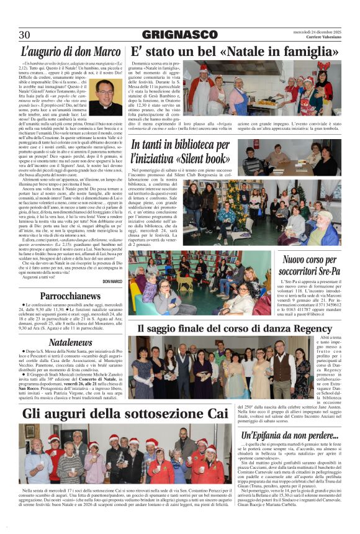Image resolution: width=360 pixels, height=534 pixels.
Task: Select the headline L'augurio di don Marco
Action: (x=70, y=52)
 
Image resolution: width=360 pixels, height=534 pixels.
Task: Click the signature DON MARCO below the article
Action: (x=112, y=282)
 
